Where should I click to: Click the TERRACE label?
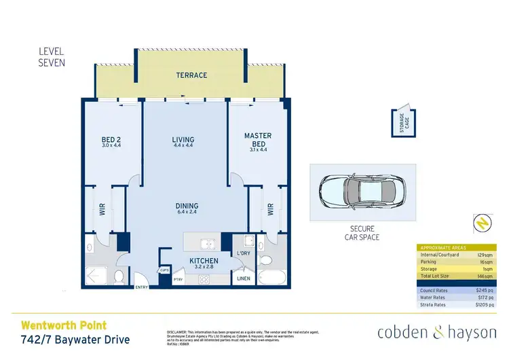pos(191,75)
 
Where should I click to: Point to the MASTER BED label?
pos(257,141)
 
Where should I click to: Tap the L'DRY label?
pos(243,253)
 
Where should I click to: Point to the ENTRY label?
pos(142,287)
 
